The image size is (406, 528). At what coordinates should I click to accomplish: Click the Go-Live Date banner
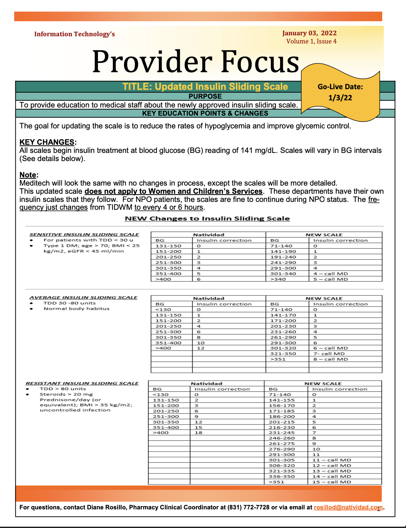coord(340,92)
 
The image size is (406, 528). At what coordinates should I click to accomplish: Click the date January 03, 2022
coord(309,33)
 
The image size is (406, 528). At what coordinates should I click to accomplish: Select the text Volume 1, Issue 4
coord(311,41)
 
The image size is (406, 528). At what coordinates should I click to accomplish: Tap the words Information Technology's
coord(74,34)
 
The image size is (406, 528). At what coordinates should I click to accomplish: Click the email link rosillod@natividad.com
coord(348,507)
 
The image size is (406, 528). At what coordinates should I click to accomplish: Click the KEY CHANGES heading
coord(47,142)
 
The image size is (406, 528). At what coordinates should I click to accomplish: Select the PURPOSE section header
coord(205,96)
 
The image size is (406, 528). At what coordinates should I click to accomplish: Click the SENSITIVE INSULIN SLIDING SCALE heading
coord(84,235)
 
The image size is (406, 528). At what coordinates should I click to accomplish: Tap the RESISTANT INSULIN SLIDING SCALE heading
coord(82,383)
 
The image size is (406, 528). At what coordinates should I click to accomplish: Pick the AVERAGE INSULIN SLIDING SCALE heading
coord(84,298)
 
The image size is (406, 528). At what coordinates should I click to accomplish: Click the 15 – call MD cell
coord(332,482)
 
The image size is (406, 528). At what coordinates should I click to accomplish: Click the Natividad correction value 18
coord(198,433)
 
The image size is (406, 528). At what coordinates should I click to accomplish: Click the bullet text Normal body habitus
coord(76,309)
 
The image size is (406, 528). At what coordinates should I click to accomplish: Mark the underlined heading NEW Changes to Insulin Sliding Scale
coord(207,219)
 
